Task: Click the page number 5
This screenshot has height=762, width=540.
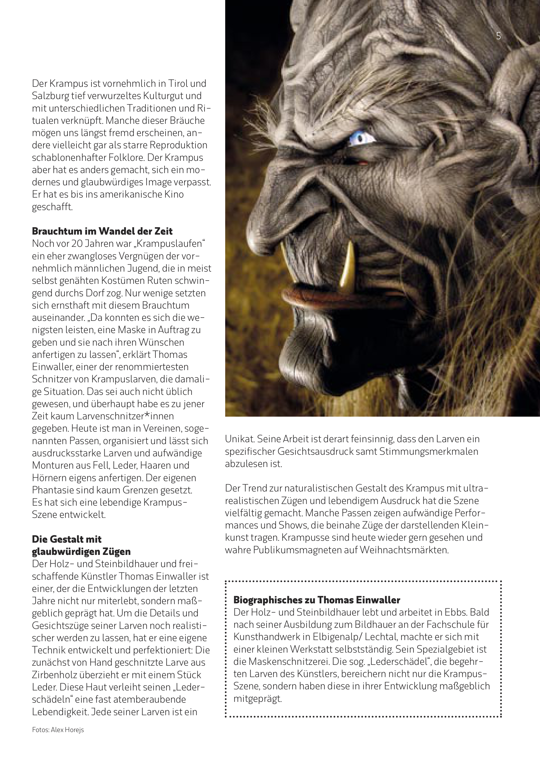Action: tap(498, 36)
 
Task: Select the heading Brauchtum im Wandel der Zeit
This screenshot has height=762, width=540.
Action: tap(102, 231)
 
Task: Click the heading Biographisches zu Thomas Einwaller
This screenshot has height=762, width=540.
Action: tap(316, 600)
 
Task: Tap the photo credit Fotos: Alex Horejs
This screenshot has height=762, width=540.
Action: tap(58, 739)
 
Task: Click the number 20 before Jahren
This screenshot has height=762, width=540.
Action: tap(77, 244)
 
